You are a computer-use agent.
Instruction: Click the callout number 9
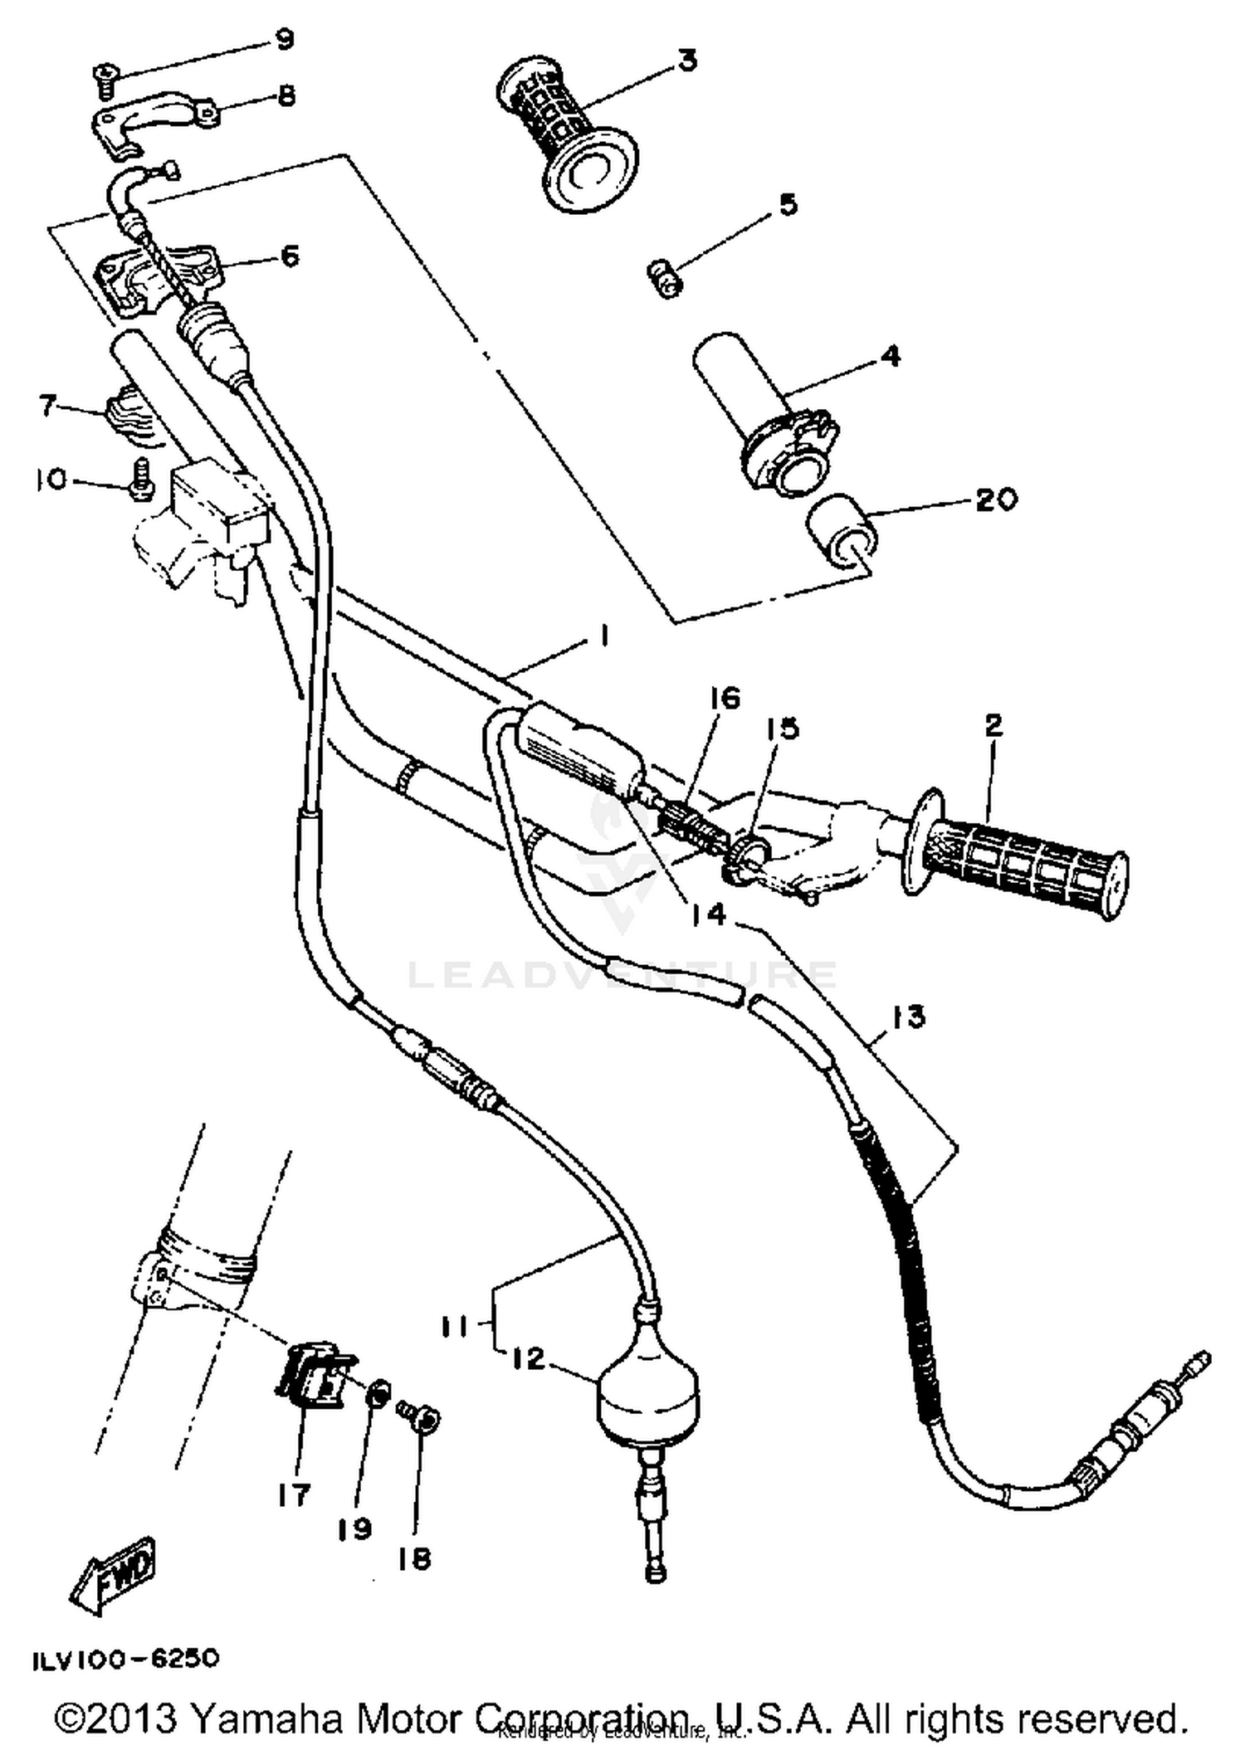coord(284,40)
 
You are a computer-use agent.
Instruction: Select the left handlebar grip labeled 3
coord(564,133)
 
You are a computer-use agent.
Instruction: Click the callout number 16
coord(724,699)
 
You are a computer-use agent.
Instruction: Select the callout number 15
coord(782,729)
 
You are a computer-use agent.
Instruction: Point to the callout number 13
coord(909,1016)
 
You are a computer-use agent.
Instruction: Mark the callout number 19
coord(355,1529)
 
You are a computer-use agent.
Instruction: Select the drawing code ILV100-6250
coord(125,1659)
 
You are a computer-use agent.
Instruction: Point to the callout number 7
coord(48,406)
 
